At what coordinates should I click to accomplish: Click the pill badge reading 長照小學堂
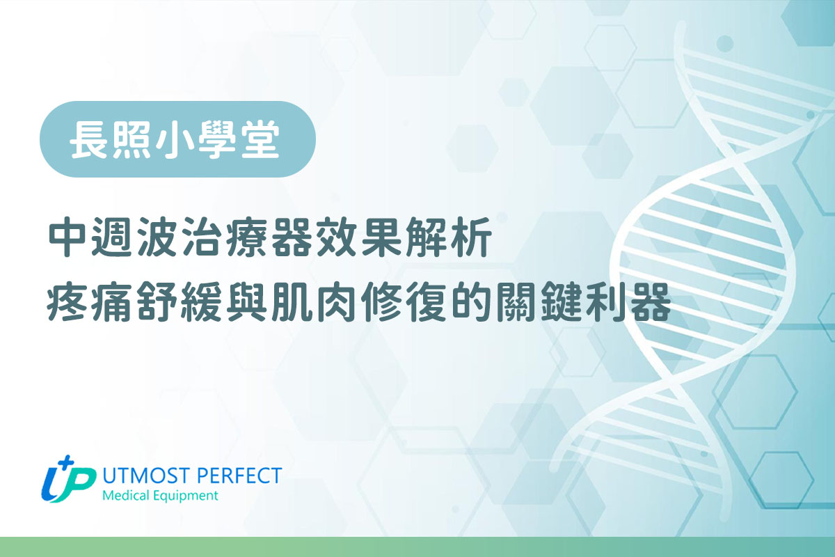tap(177, 139)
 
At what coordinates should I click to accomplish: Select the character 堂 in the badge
tap(266, 139)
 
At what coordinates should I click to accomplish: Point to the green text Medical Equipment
tap(159, 496)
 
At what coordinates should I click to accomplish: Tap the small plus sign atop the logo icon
tap(67, 463)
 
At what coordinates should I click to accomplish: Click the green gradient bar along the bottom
tap(417, 547)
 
